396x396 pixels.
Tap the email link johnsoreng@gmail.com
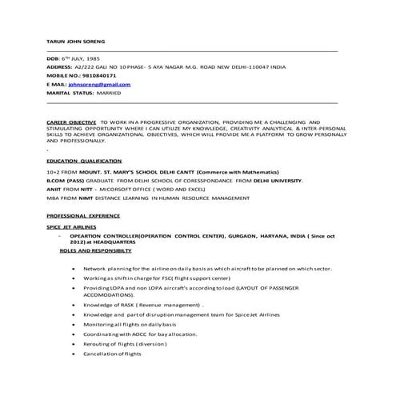coord(99,83)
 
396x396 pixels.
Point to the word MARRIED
coord(111,91)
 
